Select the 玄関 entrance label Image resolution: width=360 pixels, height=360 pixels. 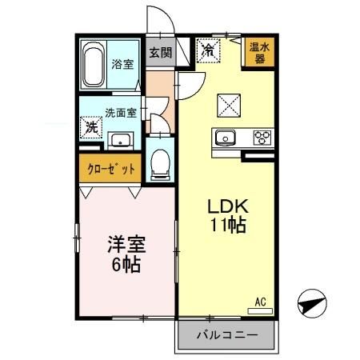coord(160,54)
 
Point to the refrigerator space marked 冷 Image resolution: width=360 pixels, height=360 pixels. coord(208,50)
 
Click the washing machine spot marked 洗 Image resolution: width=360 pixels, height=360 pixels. coord(91,126)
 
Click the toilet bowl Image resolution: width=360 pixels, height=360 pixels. coord(160,163)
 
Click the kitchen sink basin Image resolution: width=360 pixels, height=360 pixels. coord(225,137)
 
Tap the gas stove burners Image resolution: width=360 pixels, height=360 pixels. coord(261,137)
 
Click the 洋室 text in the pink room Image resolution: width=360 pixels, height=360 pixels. coord(126,242)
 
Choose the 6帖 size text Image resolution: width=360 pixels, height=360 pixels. coord(126,263)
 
